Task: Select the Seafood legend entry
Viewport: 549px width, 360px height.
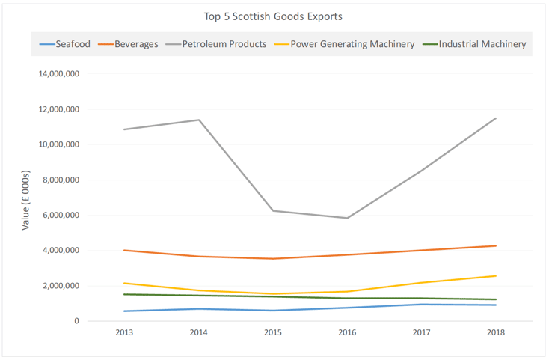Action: pos(73,44)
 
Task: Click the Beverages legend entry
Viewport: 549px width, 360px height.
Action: pos(136,44)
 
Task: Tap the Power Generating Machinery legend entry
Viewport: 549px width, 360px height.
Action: pos(352,44)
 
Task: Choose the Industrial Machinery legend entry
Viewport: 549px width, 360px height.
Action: pos(482,44)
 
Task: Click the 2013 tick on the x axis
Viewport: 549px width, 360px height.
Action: pos(124,333)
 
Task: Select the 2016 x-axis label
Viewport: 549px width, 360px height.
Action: pos(347,333)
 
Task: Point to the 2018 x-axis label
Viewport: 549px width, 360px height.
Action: pos(495,333)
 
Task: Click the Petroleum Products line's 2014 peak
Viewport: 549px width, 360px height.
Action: pos(199,120)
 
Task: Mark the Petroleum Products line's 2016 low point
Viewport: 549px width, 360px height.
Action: pos(347,218)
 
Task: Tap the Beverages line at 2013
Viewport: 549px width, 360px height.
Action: pos(124,250)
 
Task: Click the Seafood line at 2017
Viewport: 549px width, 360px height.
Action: pos(422,304)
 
